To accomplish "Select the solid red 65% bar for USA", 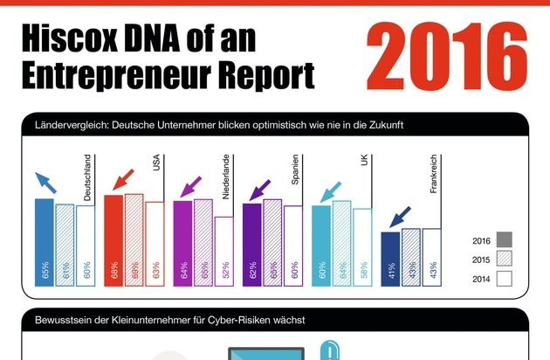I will coord(113,239).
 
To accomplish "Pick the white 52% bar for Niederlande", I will coord(224,251).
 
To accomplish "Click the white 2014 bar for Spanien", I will coord(293,245).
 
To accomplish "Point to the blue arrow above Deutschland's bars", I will coord(47,183).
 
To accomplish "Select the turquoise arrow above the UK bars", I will coord(333,190).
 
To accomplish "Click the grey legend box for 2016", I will coord(504,239).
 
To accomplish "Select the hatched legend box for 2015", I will coord(504,259).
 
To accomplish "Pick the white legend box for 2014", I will coord(504,279).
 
